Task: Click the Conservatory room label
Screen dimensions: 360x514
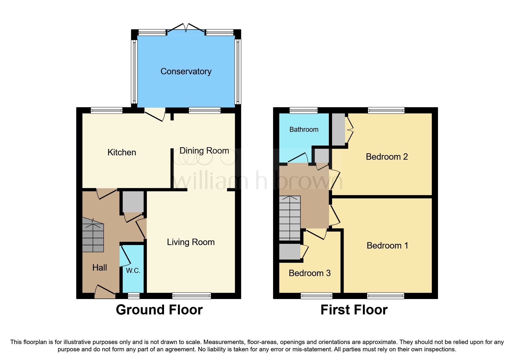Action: tap(186, 71)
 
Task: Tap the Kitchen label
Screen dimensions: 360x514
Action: tap(122, 152)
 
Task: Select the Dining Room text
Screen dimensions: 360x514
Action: tap(204, 151)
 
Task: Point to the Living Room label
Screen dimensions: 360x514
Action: tap(191, 242)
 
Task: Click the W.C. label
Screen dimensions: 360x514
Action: tap(133, 271)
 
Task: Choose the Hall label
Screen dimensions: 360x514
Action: tap(100, 268)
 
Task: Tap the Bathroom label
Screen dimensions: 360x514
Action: tap(304, 129)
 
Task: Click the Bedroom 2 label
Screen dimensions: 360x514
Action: tap(387, 157)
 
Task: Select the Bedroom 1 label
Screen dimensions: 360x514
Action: tap(387, 246)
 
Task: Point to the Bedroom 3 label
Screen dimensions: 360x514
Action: tap(309, 273)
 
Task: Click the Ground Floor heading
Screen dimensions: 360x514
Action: tap(159, 310)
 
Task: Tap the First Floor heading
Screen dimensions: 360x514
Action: tap(354, 310)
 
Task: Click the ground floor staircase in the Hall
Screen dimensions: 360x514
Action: tap(93, 235)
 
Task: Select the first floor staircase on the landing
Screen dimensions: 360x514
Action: tap(290, 218)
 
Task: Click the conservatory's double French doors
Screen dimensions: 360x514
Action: tap(186, 28)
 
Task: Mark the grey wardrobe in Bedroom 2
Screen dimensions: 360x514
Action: tap(338, 129)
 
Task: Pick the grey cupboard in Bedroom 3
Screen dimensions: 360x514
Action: tap(289, 252)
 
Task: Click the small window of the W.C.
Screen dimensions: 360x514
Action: tap(134, 296)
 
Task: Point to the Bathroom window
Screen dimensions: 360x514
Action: tap(303, 110)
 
